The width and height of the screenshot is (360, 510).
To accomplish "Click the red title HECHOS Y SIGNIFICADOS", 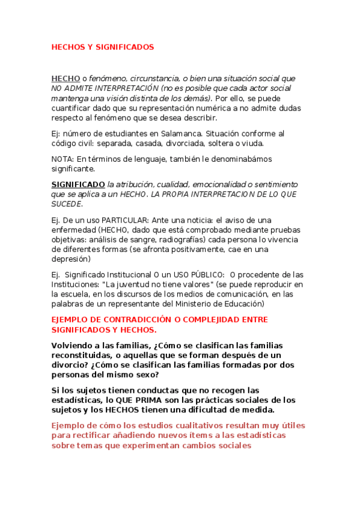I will click(103, 46).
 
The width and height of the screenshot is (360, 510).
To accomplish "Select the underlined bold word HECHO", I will click(66, 79).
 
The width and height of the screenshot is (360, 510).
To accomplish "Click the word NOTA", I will click(61, 159).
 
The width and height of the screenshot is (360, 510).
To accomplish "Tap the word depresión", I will click(71, 259).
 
